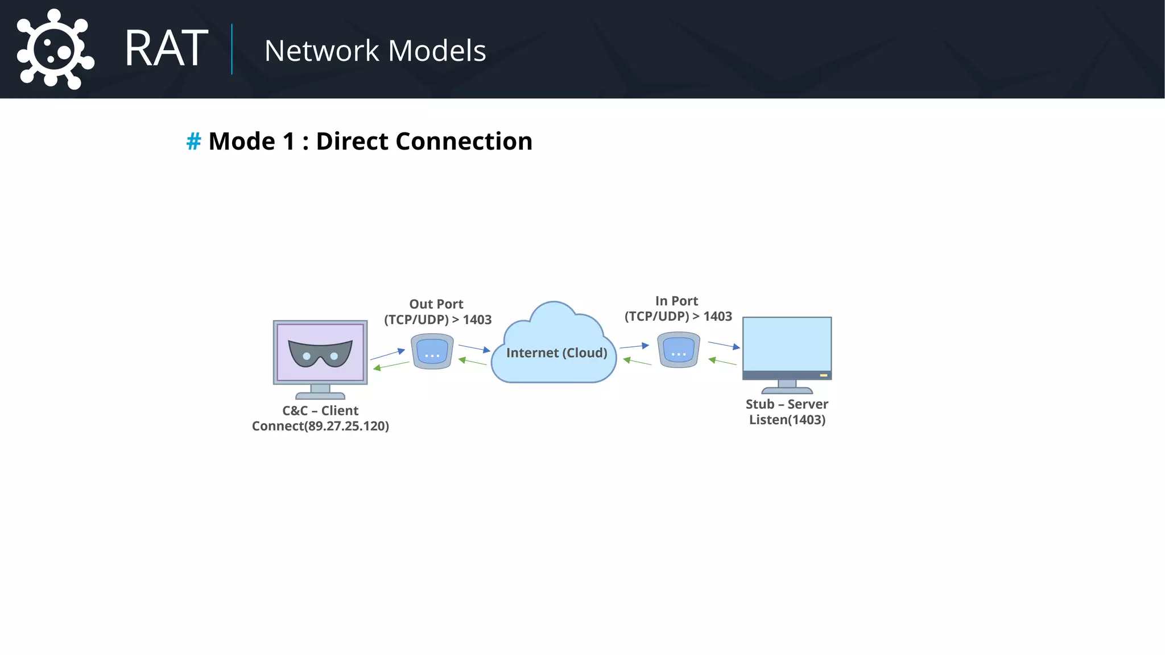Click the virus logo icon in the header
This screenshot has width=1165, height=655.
point(54,49)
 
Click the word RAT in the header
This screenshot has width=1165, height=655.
point(166,49)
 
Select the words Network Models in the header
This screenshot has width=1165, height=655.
point(375,51)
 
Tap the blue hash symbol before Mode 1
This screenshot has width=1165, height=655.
point(193,141)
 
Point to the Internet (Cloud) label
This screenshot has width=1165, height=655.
point(556,353)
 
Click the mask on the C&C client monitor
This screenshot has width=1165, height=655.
point(320,353)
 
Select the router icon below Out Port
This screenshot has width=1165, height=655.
point(432,351)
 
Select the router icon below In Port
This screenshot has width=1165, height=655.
point(678,350)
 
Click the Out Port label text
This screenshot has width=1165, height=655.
point(436,304)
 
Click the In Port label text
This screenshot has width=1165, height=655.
point(676,301)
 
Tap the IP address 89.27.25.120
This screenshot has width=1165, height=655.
point(347,426)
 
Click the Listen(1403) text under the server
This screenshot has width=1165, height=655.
point(787,420)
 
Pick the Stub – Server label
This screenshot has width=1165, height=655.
point(787,404)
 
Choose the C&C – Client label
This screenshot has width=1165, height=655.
point(320,411)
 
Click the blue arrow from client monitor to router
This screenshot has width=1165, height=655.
point(387,354)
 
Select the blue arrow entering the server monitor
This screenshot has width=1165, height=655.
point(724,345)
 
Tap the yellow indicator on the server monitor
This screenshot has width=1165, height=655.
point(823,375)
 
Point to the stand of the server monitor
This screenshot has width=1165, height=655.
point(787,387)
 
